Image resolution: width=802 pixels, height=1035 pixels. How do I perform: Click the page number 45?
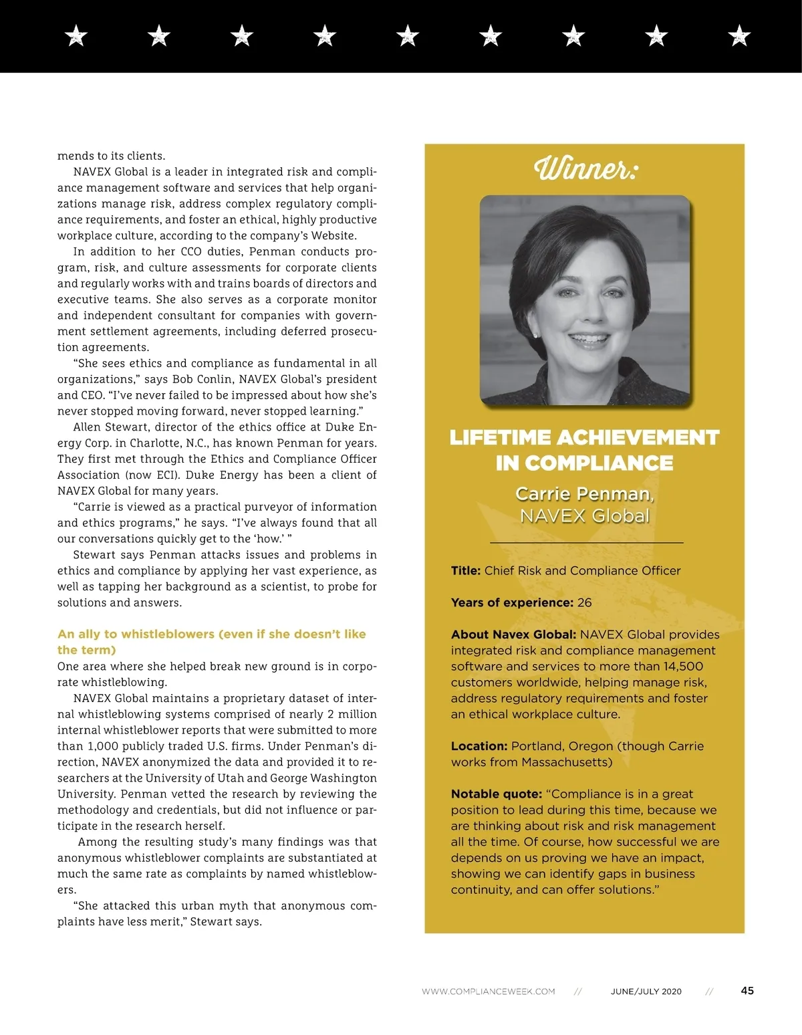pos(747,990)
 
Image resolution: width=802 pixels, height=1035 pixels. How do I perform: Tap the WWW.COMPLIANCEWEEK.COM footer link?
pos(488,992)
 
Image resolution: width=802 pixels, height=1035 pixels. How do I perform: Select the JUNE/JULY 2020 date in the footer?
pos(646,992)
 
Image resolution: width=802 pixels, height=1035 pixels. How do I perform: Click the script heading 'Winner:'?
pos(585,168)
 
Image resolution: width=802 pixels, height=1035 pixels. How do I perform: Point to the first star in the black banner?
pos(76,35)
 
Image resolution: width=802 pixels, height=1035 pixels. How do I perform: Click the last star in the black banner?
pos(739,35)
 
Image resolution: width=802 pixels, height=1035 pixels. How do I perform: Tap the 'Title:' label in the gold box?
pos(466,571)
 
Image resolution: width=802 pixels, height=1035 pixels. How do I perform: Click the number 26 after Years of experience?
pos(585,602)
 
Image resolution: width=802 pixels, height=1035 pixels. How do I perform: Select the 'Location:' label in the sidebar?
pos(479,746)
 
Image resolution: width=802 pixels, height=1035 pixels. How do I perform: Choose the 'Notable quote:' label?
pos(496,794)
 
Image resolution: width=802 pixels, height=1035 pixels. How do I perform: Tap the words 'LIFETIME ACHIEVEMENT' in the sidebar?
pos(585,437)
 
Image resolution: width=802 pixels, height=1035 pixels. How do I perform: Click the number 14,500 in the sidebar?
pos(683,667)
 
